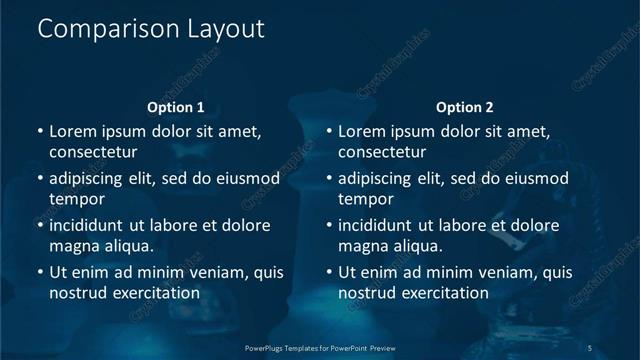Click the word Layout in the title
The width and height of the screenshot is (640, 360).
226,30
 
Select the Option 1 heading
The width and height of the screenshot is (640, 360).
175,107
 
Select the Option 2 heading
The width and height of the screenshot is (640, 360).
464,107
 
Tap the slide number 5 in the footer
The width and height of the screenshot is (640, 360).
590,347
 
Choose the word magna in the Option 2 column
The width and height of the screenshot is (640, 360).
361,246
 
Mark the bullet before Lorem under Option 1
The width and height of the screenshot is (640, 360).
40,132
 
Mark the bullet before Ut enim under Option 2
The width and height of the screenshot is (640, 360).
329,273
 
